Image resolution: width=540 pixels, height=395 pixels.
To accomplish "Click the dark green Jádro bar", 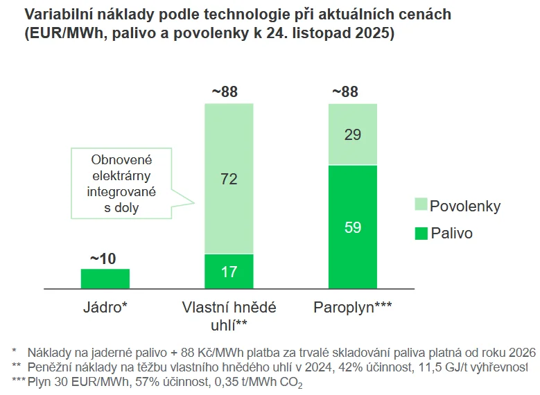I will [x=105, y=278].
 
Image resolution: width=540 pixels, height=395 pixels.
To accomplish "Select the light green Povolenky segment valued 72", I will [x=229, y=179].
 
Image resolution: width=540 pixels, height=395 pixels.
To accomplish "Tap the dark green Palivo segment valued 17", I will [x=229, y=271].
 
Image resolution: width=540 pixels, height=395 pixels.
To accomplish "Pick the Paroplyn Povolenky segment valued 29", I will [x=353, y=134].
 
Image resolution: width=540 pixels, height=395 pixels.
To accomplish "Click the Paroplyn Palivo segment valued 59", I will [x=353, y=227].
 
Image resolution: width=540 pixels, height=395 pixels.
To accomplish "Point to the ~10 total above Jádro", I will [x=105, y=259].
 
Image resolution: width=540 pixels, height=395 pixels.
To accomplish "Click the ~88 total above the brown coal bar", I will [x=229, y=93].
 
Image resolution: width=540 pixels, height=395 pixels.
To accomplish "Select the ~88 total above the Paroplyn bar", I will [x=353, y=93].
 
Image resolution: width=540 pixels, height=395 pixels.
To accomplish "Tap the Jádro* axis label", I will [x=105, y=306].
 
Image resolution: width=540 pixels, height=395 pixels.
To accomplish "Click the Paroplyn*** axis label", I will [x=352, y=306].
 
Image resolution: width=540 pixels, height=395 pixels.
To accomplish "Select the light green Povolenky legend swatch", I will [x=420, y=206].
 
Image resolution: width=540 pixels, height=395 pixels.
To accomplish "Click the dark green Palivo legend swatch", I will [x=420, y=234].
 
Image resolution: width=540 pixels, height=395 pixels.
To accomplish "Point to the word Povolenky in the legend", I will [x=464, y=207].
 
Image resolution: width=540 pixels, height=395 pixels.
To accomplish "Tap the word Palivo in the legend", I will [x=451, y=234].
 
